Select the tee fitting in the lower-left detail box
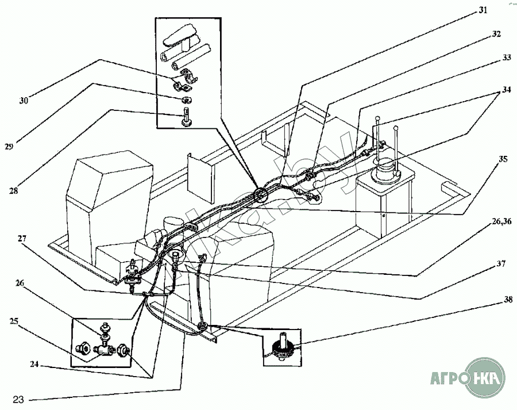pyautogui.click(x=103, y=348)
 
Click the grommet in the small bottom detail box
pyautogui.click(x=282, y=348)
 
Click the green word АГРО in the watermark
pyautogui.click(x=448, y=379)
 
